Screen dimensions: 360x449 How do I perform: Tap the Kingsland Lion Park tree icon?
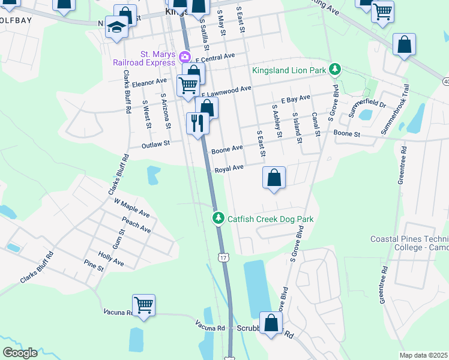336,70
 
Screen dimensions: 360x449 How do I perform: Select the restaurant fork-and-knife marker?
197,124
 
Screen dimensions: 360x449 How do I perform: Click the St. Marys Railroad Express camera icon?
184,58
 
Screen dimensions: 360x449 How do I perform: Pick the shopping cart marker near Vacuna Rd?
144,305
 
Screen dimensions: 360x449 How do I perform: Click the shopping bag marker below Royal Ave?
274,178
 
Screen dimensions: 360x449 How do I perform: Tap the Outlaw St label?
156,144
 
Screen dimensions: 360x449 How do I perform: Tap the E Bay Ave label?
295,97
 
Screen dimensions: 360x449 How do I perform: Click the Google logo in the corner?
20,353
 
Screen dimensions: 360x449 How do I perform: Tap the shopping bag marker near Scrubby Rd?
271,322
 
